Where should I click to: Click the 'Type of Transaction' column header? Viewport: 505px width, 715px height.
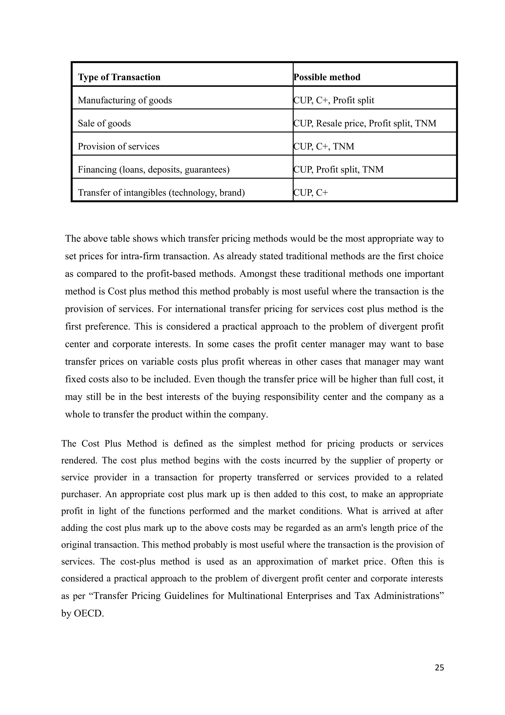pyautogui.click(x=119, y=77)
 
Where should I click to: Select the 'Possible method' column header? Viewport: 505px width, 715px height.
pyautogui.click(x=327, y=77)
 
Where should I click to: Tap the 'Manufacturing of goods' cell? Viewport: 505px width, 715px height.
pyautogui.click(x=125, y=100)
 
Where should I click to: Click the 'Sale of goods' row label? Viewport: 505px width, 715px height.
pyautogui.click(x=104, y=123)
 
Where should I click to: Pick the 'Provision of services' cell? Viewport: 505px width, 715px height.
pyautogui.click(x=119, y=146)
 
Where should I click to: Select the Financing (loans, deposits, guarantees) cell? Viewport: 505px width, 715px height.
pyautogui.click(x=153, y=169)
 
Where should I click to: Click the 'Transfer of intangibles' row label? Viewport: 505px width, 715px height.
pyautogui.click(x=161, y=192)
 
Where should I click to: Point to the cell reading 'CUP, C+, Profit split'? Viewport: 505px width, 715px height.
pyautogui.click(x=334, y=100)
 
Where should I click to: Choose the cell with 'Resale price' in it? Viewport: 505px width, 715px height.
pyautogui.click(x=365, y=123)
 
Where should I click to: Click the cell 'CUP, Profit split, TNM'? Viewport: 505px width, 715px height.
pyautogui.click(x=339, y=169)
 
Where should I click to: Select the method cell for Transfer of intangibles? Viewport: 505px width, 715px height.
pyautogui.click(x=311, y=192)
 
